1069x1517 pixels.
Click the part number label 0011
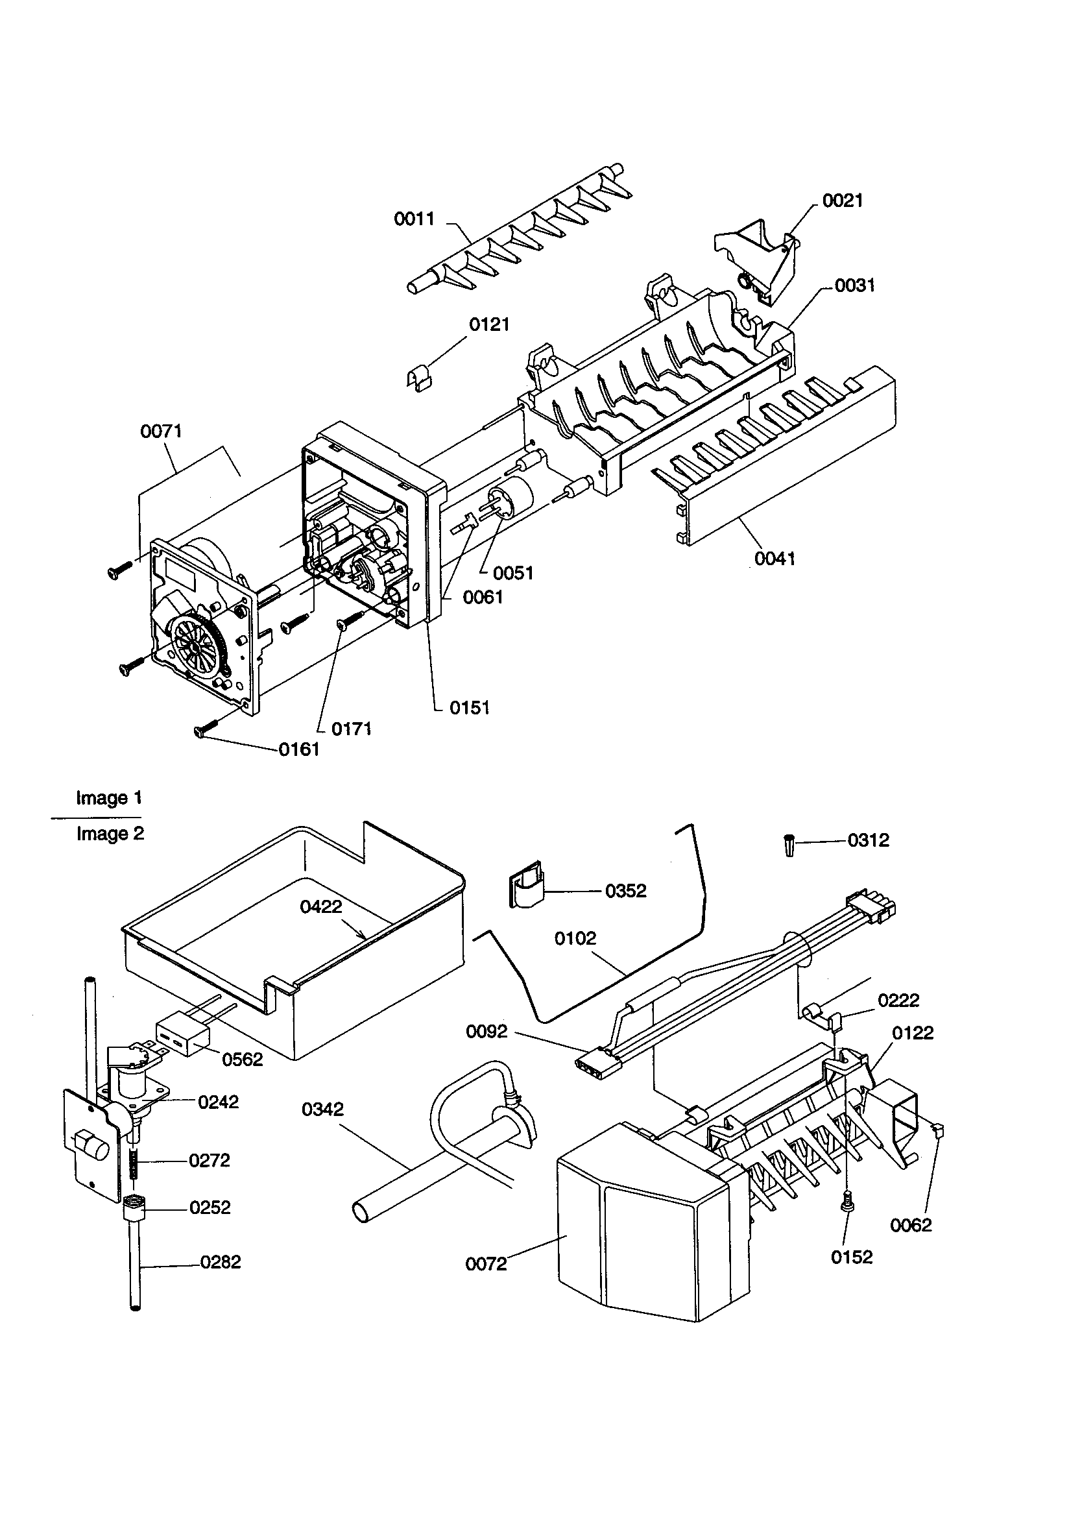pyautogui.click(x=414, y=219)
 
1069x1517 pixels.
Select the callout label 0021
pyautogui.click(x=843, y=201)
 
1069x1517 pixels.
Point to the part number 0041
pyautogui.click(x=775, y=559)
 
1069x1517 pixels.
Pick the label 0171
pyautogui.click(x=352, y=729)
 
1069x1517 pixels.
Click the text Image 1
pyautogui.click(x=109, y=797)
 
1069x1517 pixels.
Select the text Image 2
pyautogui.click(x=110, y=834)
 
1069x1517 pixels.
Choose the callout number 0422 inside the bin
pyautogui.click(x=321, y=906)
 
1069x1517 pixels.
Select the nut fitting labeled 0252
pyautogui.click(x=135, y=1208)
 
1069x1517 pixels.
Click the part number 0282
pyautogui.click(x=221, y=1262)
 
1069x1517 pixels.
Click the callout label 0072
pyautogui.click(x=486, y=1264)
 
